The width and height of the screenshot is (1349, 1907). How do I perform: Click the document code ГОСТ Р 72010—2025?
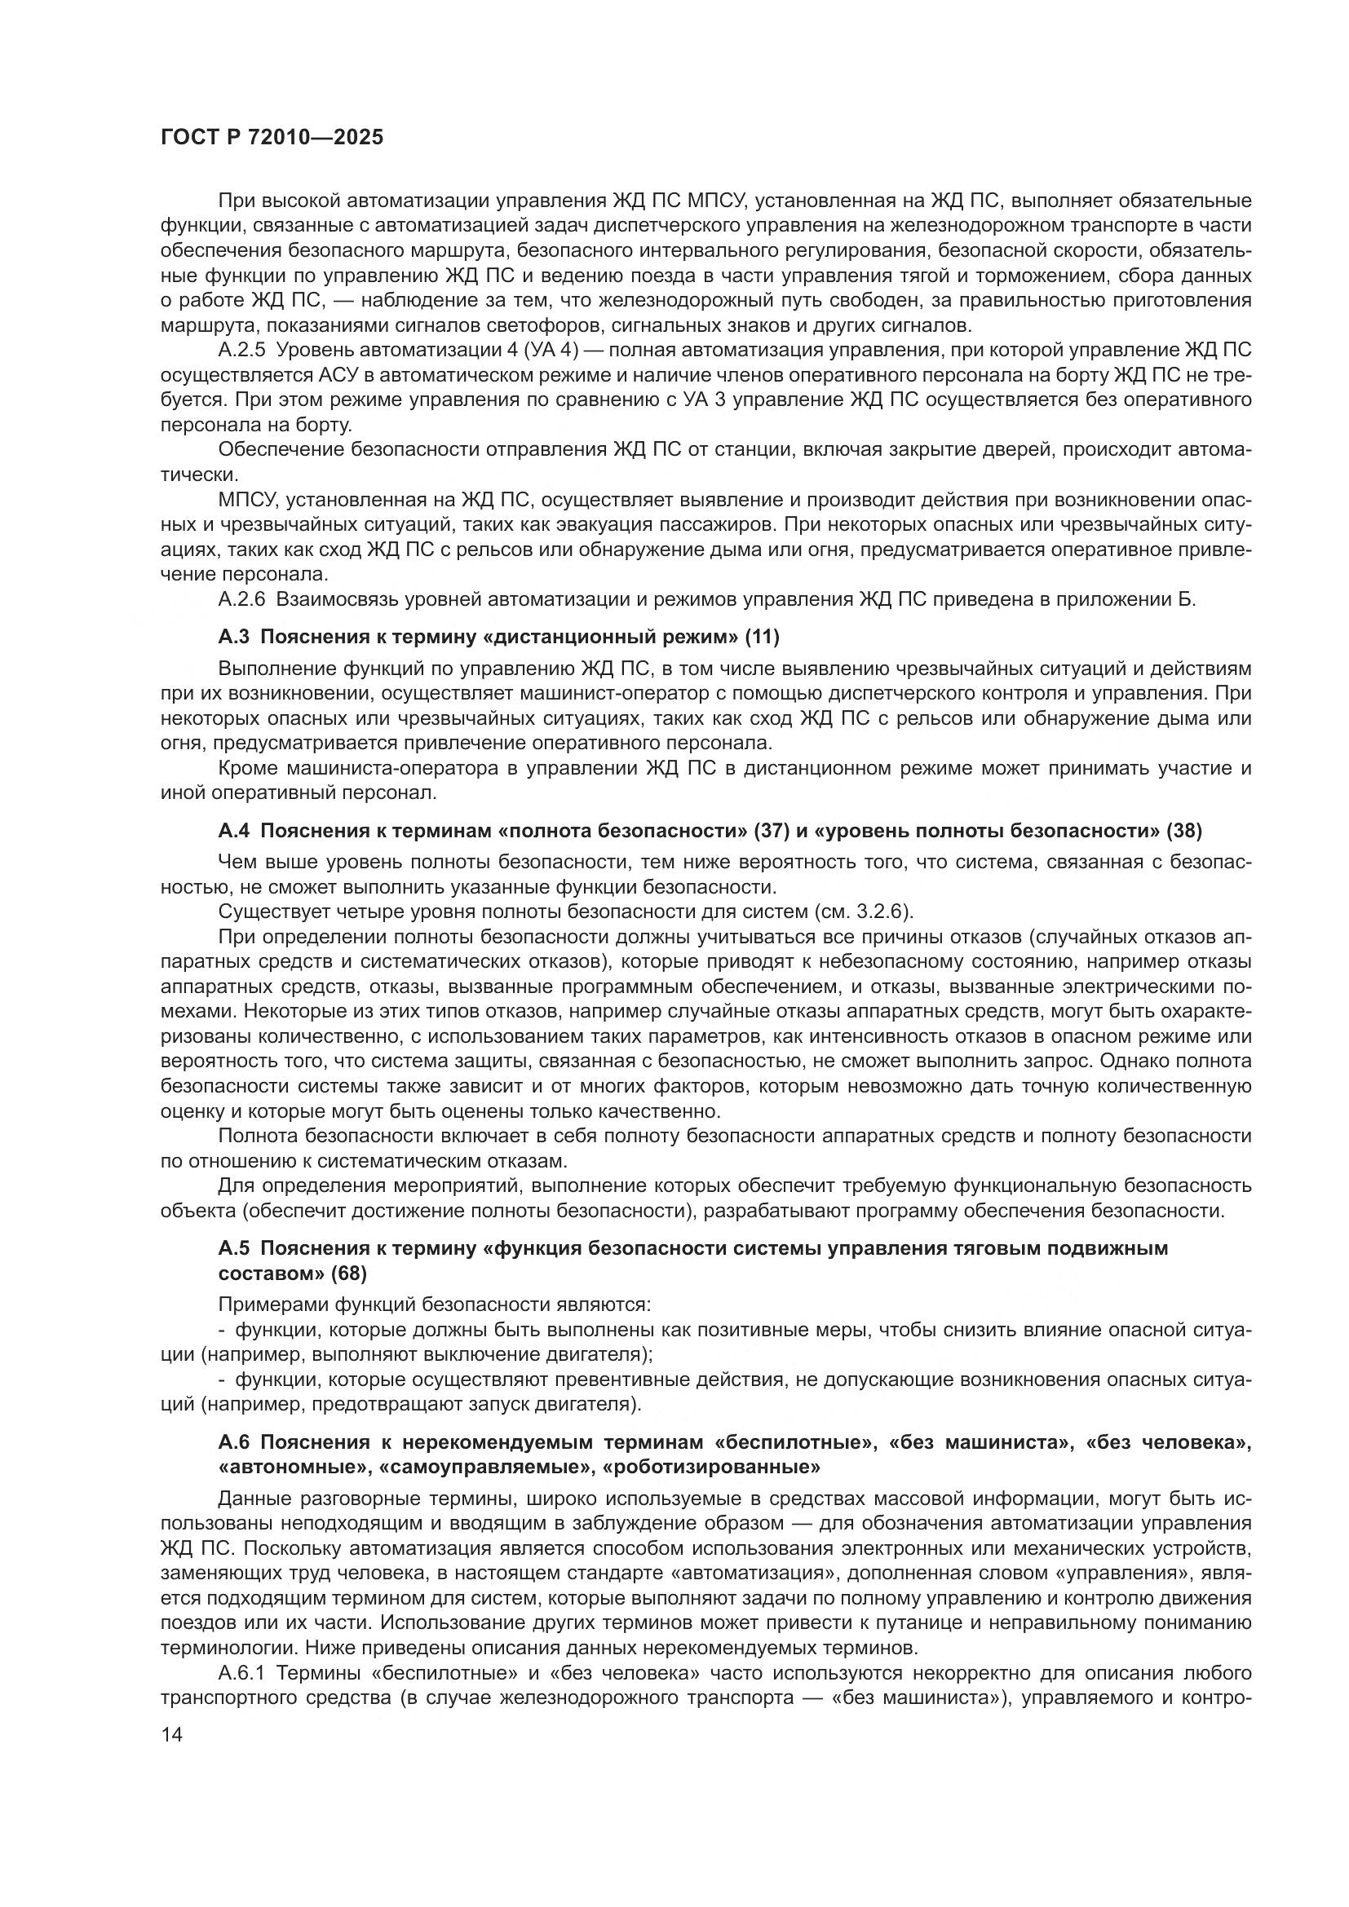pyautogui.click(x=272, y=138)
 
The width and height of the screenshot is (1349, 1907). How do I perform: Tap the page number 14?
pyautogui.click(x=171, y=1734)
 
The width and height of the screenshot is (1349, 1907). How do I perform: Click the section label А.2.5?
pyautogui.click(x=241, y=351)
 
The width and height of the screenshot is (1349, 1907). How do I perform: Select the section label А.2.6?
pyautogui.click(x=241, y=600)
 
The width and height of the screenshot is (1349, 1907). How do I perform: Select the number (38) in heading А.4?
pyautogui.click(x=1183, y=831)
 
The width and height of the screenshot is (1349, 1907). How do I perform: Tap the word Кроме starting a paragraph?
pyautogui.click(x=245, y=768)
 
